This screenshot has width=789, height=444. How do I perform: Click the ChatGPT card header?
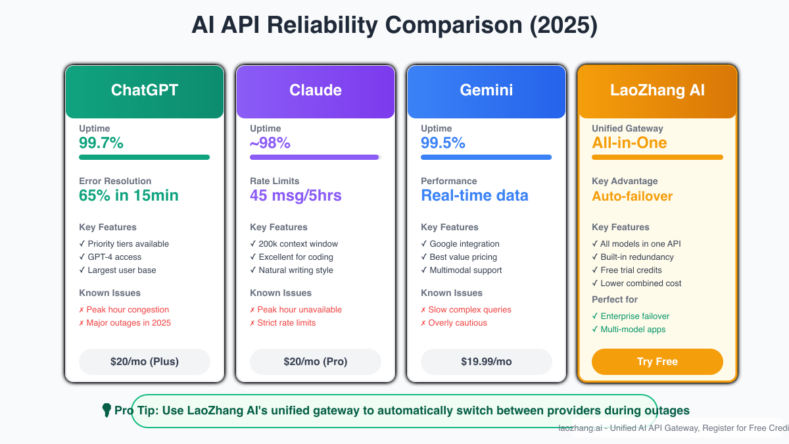coord(145,91)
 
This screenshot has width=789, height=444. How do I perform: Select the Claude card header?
coord(316,91)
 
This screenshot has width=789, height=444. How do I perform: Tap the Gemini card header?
coord(487,91)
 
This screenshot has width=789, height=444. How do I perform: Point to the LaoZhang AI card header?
coord(657,91)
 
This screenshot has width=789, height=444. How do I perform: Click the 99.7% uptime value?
coord(101,143)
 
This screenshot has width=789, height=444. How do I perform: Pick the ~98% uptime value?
coord(270,143)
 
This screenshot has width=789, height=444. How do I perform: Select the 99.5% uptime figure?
coord(443,143)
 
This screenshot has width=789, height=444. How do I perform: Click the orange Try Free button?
coord(657,362)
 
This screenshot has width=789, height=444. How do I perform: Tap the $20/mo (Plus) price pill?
coord(145,362)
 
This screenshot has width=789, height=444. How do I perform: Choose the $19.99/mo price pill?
coord(487,362)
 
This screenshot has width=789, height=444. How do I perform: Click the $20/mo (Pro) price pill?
coord(316,362)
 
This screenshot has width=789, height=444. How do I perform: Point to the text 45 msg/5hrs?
coord(295,195)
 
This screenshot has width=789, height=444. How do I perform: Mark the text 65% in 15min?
coord(129,195)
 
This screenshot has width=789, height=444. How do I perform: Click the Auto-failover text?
coord(633,196)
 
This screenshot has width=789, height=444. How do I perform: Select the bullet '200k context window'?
coord(294,244)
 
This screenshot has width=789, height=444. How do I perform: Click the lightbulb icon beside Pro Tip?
coord(107,410)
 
